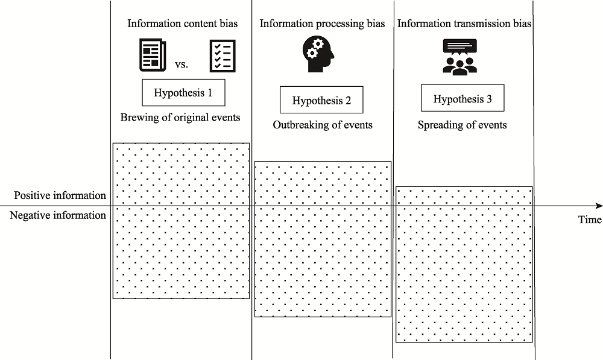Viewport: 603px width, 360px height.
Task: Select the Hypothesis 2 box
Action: tap(321, 100)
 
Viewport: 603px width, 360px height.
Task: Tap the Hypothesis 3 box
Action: tap(462, 99)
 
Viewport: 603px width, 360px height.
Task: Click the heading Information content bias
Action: tap(182, 24)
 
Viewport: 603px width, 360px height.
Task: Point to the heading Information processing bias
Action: tap(322, 24)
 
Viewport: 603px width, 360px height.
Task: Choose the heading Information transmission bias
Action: tap(464, 24)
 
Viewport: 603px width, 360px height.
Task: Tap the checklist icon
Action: tap(222, 56)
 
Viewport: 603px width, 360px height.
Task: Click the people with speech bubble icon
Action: tap(459, 57)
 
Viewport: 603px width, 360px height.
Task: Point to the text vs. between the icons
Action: tap(182, 63)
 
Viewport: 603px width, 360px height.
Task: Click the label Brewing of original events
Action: tap(180, 118)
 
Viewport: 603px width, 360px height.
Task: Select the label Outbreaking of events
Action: tap(323, 125)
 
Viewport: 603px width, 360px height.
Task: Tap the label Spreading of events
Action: tap(462, 125)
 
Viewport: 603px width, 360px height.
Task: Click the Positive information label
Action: tap(60, 195)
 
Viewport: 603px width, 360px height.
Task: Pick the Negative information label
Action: tap(58, 215)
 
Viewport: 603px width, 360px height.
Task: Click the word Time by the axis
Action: tap(590, 219)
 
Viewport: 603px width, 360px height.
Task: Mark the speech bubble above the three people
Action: tap(459, 46)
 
